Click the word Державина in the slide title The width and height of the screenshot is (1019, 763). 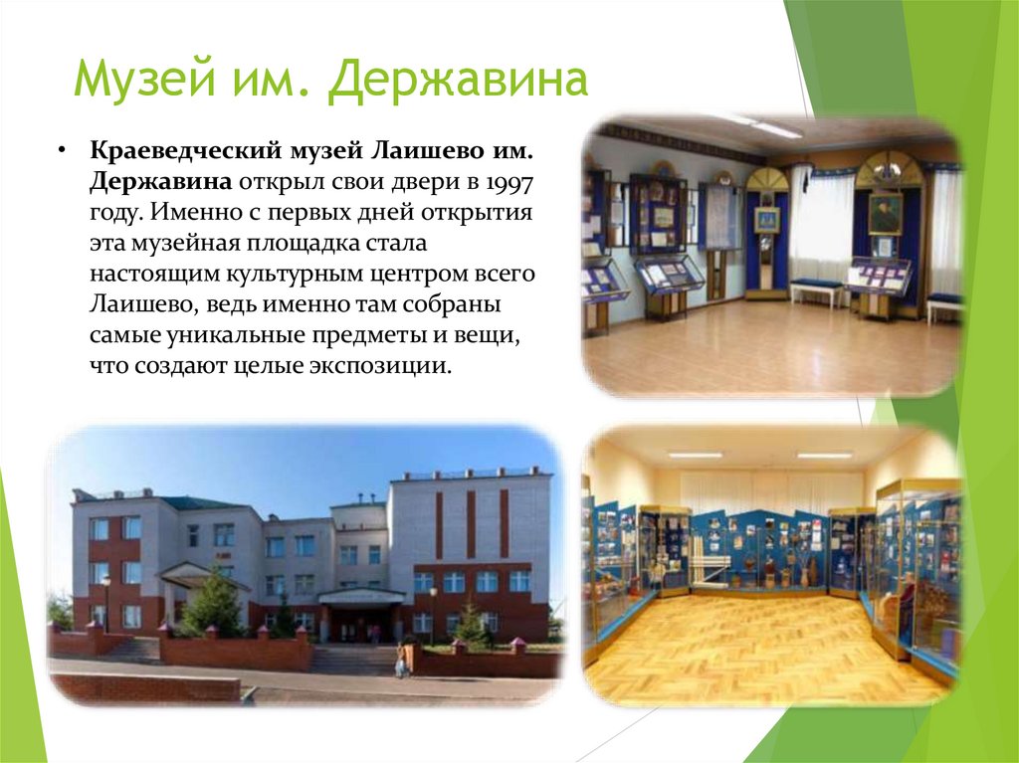[x=459, y=81]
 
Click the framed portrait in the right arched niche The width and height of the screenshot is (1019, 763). [x=885, y=211]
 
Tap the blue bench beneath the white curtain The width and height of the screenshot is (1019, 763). [x=817, y=286]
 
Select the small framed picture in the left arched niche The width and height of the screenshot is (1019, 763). [x=766, y=219]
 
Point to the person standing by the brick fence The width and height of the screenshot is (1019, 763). [x=400, y=661]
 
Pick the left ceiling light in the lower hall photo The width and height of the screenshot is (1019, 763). [x=695, y=455]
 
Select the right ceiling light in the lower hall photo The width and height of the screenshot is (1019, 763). [x=825, y=455]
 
